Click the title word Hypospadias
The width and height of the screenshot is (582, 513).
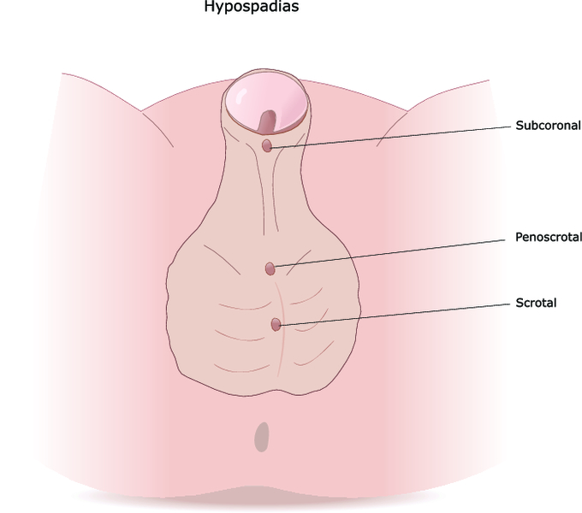[x=252, y=7]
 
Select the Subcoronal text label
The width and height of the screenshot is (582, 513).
[x=549, y=126]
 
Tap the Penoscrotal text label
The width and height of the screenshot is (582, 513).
[x=549, y=237]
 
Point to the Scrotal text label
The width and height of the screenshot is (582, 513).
[x=536, y=304]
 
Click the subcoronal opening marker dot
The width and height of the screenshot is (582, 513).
[x=267, y=145]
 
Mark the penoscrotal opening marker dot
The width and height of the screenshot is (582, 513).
[x=270, y=268]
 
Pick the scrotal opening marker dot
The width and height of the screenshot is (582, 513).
[x=276, y=325]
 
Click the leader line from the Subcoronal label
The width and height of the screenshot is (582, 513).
[x=391, y=138]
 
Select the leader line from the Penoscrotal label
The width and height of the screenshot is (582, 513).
[x=389, y=253]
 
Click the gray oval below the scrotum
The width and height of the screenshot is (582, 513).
[x=262, y=437]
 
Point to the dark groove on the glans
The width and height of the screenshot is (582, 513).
[x=268, y=121]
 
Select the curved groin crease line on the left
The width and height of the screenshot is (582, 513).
[x=157, y=128]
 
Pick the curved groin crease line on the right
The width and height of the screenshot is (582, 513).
[x=392, y=128]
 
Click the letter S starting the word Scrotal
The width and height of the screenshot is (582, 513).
[x=520, y=304]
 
